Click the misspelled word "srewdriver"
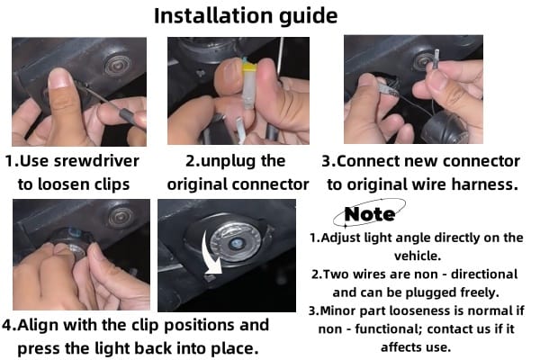pyautogui.click(x=97, y=161)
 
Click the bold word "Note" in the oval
pyautogui.click(x=370, y=214)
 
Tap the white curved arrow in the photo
pyautogui.click(x=210, y=255)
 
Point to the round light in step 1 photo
pyautogui.click(x=118, y=65)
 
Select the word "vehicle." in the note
pyautogui.click(x=417, y=256)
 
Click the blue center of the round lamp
pyautogui.click(x=236, y=243)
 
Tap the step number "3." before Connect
pyautogui.click(x=328, y=161)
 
